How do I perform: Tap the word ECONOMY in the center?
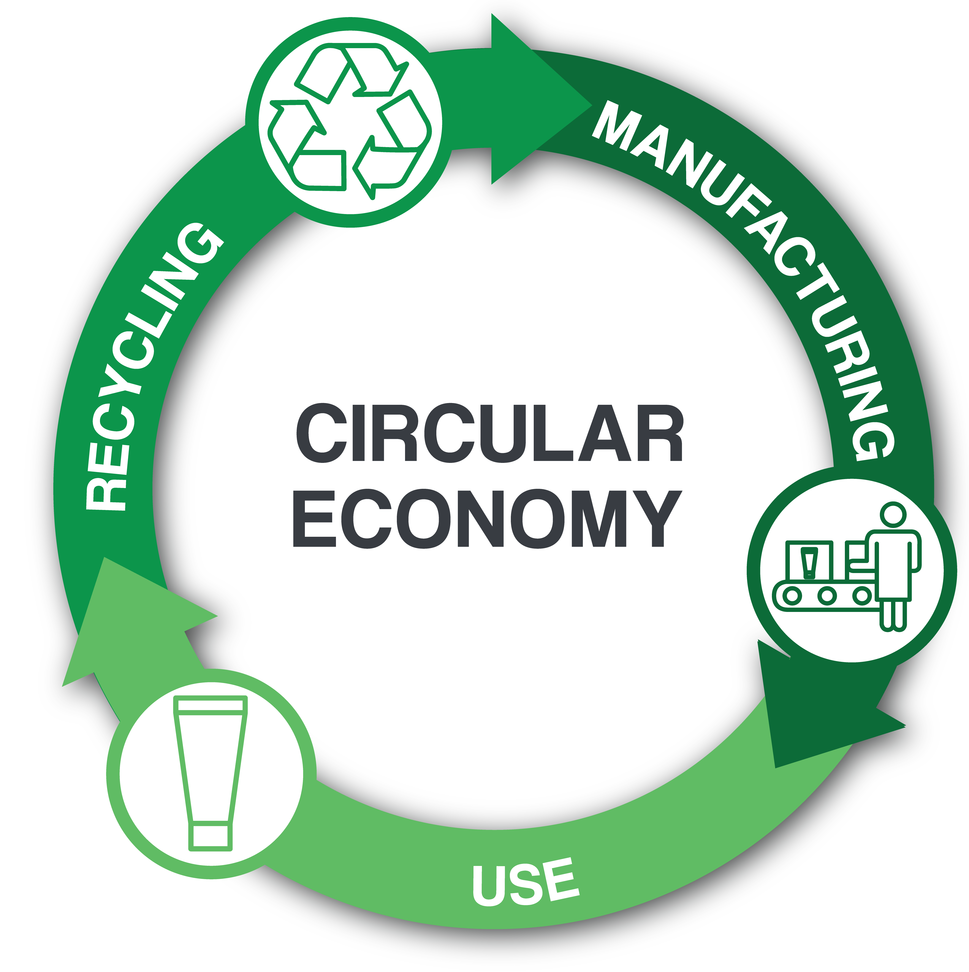487,519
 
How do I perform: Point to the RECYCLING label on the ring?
151,367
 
